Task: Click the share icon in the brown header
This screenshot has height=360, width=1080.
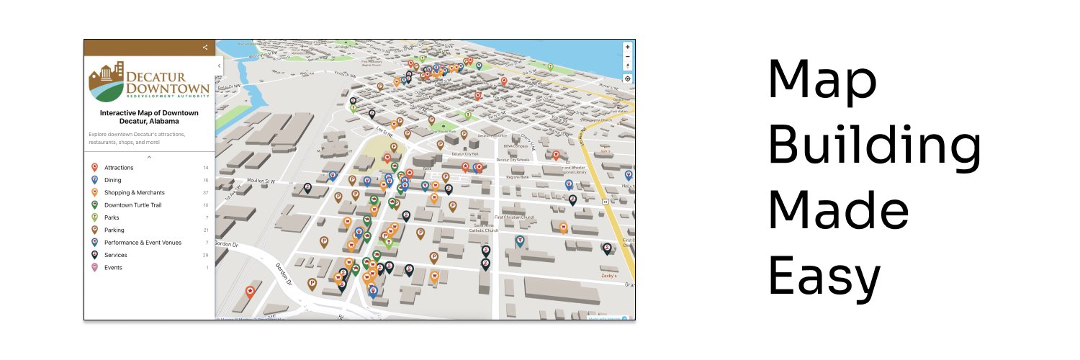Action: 205,48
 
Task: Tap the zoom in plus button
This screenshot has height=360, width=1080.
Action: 627,47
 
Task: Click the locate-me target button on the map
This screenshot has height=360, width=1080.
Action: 627,78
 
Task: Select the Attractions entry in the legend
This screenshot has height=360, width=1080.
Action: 119,168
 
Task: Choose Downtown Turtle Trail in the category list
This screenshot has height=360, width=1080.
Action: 133,205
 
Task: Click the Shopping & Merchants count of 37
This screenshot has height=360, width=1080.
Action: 205,193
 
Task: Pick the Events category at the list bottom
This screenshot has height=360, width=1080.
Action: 113,267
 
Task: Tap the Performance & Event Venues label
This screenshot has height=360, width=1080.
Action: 143,243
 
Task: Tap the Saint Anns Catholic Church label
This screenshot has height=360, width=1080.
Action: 485,228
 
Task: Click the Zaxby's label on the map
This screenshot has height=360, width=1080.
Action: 608,275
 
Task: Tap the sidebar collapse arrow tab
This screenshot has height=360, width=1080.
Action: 219,66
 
